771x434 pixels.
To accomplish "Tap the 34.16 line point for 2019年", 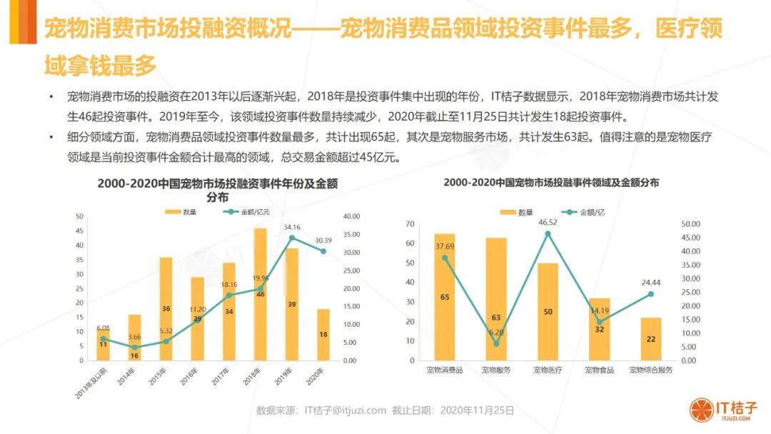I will coord(292,237).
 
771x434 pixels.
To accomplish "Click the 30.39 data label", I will coord(323,240).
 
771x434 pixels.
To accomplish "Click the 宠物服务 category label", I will coord(496,370).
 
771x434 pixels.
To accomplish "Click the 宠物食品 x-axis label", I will coord(599,370).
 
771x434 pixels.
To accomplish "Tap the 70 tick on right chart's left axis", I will coord(410,224).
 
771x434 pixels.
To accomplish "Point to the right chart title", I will coord(550,183).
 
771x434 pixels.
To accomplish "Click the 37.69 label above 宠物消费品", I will coord(445,247).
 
